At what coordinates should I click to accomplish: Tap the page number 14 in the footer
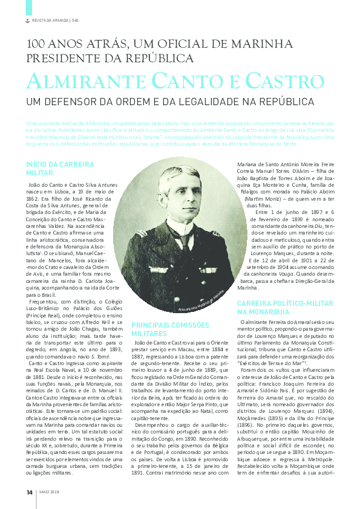(29, 491)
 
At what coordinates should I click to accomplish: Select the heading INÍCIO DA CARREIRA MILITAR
(52, 169)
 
